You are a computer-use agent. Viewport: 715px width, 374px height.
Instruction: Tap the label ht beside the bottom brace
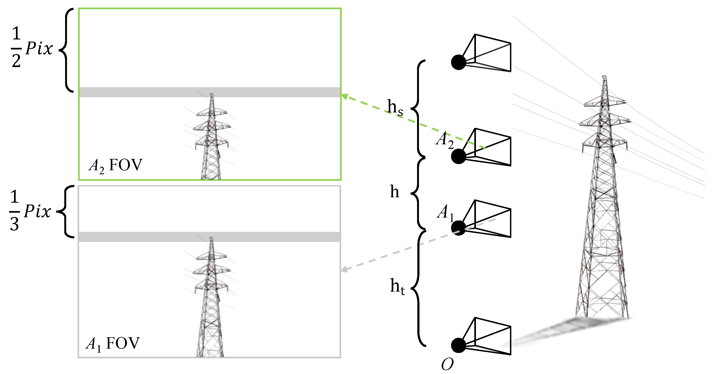pos(397,286)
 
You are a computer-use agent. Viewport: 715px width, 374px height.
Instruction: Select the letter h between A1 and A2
pos(394,192)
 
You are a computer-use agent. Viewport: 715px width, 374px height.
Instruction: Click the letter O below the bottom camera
pos(447,364)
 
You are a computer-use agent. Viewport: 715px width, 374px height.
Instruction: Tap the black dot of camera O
pos(458,345)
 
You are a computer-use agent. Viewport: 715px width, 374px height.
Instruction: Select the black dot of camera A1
pos(458,228)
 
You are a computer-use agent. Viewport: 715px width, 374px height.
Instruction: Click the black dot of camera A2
pos(458,156)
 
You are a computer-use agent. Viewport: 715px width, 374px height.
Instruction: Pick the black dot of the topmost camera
pos(458,62)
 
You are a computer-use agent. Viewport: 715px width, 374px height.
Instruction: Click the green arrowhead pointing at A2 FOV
pos(344,96)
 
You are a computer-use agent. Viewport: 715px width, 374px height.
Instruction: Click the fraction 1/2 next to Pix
pos(16,47)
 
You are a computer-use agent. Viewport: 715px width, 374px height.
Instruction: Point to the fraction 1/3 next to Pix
pos(14,211)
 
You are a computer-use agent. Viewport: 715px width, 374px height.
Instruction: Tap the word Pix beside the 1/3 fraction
pos(37,211)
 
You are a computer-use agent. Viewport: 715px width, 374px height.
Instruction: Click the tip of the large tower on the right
pos(604,77)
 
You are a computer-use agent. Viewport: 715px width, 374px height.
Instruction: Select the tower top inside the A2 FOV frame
pos(212,95)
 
